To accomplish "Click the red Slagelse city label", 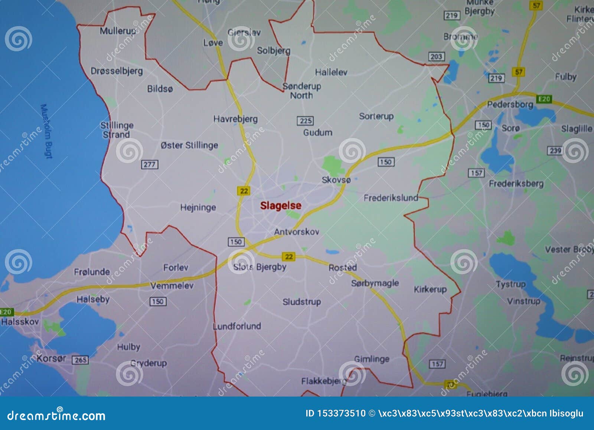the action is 281,206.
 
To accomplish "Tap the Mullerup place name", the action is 117,31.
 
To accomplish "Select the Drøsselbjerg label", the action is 117,71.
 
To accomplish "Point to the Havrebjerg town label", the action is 235,119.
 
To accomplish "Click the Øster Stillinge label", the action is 189,145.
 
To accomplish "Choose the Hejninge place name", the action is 198,207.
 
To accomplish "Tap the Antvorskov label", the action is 297,232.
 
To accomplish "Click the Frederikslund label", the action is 391,198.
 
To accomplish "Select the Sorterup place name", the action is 376,116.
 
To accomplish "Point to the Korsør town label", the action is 51,358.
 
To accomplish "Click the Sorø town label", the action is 510,128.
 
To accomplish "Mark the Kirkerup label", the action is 430,289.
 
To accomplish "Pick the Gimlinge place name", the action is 372,359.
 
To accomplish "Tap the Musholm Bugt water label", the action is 46,131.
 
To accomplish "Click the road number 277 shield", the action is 150,164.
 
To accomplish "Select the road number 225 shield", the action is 305,121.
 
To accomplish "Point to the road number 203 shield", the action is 436,56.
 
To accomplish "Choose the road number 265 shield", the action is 81,360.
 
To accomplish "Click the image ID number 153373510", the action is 341,413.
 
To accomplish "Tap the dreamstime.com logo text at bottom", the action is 56,416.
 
